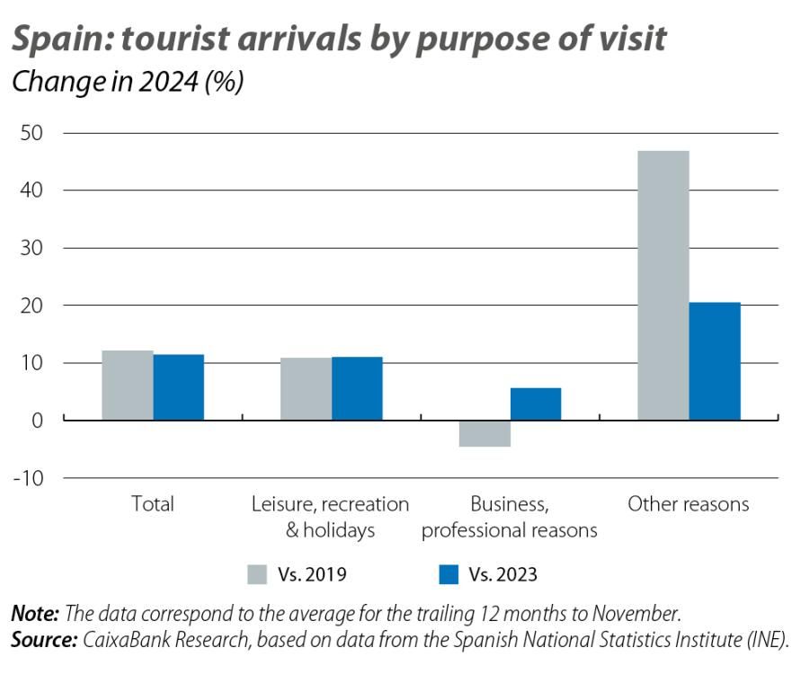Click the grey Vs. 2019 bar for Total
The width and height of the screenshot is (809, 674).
point(127,385)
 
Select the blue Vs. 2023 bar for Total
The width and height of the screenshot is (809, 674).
point(178,387)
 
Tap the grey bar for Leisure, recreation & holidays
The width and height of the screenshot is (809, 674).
point(306,388)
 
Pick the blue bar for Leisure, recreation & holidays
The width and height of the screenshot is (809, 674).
point(357,388)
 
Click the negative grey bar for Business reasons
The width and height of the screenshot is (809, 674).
point(485,433)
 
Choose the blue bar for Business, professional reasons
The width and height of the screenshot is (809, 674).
point(536,404)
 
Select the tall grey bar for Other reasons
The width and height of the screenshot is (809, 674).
point(663,285)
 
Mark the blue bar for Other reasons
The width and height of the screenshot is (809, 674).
point(715,361)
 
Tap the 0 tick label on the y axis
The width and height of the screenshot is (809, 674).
point(36,421)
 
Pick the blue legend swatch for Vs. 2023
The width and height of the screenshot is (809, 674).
point(450,573)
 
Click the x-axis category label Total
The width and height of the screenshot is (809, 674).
point(152,504)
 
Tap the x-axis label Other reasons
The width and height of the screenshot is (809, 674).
point(688,504)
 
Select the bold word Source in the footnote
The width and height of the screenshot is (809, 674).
point(44,640)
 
